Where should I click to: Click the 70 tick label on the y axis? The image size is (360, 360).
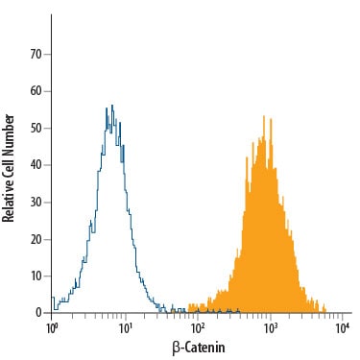pos(36,55)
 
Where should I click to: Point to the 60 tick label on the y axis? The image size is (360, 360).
pos(36,91)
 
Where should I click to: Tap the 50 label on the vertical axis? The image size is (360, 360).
pos(36,129)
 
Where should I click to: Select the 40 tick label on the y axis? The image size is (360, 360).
pos(36,165)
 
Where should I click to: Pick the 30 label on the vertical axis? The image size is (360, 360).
pos(36,203)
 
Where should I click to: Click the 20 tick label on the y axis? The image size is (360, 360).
pos(36,239)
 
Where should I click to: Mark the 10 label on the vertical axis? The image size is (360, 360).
pos(36,276)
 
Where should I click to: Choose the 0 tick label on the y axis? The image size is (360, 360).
pos(39,313)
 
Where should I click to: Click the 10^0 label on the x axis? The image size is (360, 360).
pos(52,327)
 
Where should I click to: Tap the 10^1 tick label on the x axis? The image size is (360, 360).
pos(126,327)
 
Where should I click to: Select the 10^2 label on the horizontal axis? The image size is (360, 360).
pos(198,327)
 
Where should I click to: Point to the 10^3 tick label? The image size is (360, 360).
pos(271,327)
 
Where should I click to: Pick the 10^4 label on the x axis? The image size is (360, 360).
pos(343,327)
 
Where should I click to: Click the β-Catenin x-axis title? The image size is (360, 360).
pos(199,348)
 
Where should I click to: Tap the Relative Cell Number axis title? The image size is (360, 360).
pos(9,168)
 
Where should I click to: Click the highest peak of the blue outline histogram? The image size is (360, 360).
pos(112,106)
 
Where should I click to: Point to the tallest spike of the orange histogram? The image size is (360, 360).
pos(264,116)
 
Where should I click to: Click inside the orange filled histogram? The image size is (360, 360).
pos(266,240)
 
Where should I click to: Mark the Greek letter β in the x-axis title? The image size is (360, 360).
pos(176,348)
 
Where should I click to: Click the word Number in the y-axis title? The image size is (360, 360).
pos(9,135)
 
